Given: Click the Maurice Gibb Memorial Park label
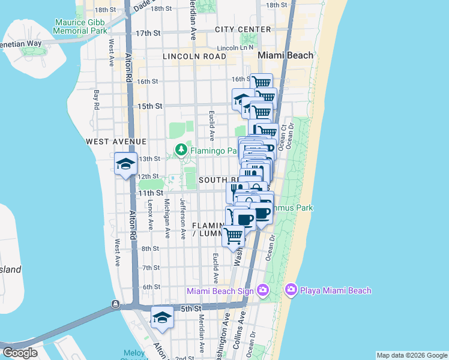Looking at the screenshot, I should [80, 26].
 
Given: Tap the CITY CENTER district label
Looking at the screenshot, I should [243, 29].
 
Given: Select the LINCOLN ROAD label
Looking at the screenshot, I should [194, 56].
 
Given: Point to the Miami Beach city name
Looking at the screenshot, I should [285, 55].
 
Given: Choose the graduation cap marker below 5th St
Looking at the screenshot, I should [161, 318].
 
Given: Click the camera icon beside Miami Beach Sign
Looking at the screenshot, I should [262, 290].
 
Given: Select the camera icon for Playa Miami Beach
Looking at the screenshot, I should [291, 290].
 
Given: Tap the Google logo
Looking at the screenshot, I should [20, 353].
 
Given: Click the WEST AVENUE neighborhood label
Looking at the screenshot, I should [116, 142].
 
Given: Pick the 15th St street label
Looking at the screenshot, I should [150, 106].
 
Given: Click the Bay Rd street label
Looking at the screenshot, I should [96, 100].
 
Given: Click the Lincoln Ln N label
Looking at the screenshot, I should [236, 47].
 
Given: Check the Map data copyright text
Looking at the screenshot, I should [412, 355].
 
